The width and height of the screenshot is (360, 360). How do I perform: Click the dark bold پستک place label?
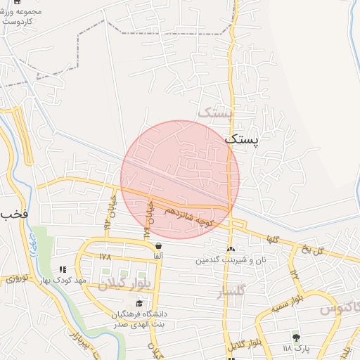click(x=241, y=139)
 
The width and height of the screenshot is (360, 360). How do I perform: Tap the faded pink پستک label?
click(x=214, y=112)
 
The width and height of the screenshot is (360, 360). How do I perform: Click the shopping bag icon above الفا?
click(x=159, y=245)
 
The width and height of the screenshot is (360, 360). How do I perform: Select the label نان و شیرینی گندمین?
click(x=231, y=259)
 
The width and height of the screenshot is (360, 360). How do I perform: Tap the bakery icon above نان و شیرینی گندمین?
click(x=231, y=249)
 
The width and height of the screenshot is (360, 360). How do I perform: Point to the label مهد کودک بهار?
click(x=82, y=280)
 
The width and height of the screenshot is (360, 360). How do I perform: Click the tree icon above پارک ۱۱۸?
click(x=295, y=337)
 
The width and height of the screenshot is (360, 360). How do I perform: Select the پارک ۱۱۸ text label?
click(x=296, y=348)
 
